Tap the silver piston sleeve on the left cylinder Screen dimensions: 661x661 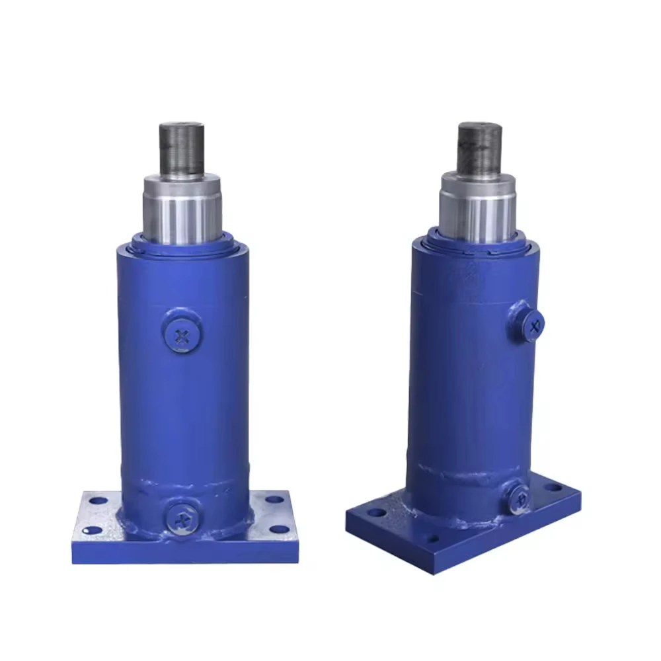tap(182, 208)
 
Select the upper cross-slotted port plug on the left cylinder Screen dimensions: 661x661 tap(182, 336)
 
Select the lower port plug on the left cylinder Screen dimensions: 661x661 tap(183, 516)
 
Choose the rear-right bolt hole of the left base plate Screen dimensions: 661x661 tap(272, 500)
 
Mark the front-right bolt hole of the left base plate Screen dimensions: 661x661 tap(280, 529)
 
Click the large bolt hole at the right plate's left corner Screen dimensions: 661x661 tap(376, 512)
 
